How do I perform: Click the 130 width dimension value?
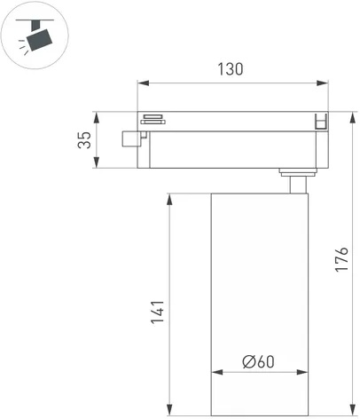231,69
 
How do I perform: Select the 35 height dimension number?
84,140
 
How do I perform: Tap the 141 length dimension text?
158,312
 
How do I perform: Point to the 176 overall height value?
341,258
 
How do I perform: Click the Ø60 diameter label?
258,361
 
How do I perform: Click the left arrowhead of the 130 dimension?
144,83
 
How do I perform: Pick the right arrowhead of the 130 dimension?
322,83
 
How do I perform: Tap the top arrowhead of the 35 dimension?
97,118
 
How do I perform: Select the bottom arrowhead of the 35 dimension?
97,162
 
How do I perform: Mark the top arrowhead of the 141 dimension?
169,200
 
